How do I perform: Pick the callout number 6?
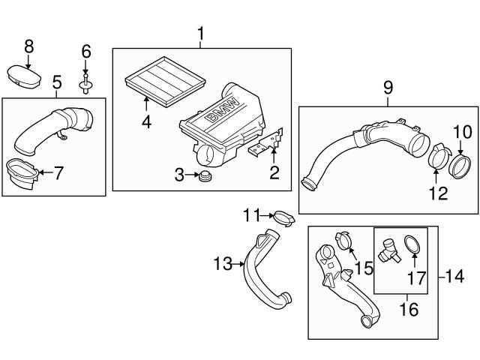[85, 51]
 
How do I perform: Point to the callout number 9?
[387, 88]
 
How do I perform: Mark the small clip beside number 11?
[282, 218]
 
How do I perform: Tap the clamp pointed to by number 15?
[343, 241]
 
